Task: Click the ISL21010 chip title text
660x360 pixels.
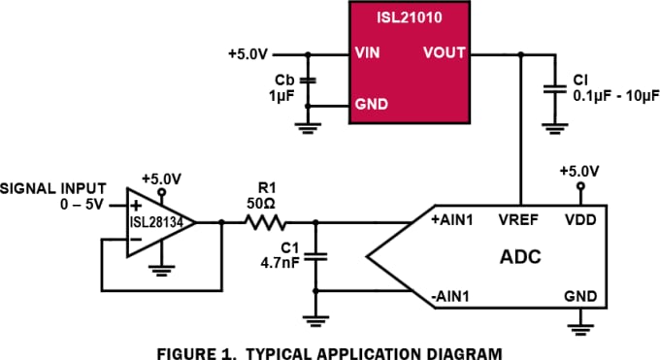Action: (x=410, y=16)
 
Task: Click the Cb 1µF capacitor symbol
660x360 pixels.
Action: (x=309, y=81)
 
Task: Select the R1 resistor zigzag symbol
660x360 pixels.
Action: (x=265, y=223)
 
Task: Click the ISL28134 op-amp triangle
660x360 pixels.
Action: (x=159, y=223)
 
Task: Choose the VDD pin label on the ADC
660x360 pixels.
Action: (x=582, y=220)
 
